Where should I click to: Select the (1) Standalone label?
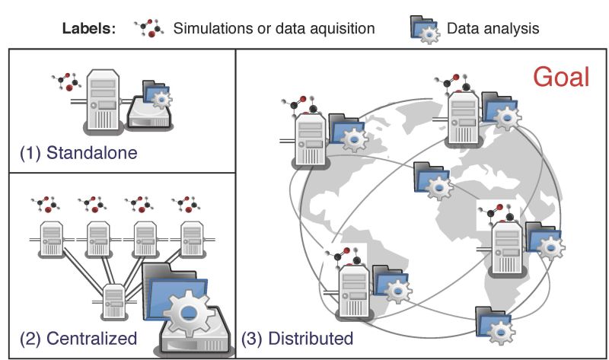click(78, 152)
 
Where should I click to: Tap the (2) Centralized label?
click(78, 337)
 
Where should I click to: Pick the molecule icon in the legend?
click(148, 28)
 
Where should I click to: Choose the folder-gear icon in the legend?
click(425, 28)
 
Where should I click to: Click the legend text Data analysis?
click(493, 29)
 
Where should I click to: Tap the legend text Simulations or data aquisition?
click(274, 29)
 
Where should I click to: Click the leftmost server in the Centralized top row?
click(53, 238)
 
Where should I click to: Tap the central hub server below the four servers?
click(114, 301)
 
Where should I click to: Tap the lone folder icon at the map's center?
click(432, 180)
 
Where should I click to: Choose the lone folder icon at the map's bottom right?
click(494, 323)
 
